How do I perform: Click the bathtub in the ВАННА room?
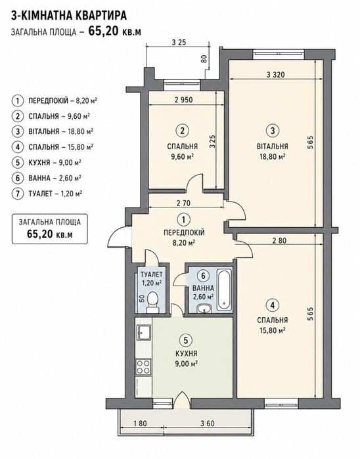click(x=225, y=289)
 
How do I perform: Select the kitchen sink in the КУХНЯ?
click(x=143, y=333)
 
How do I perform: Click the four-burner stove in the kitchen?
click(x=143, y=367)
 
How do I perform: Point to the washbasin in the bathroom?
click(x=204, y=309)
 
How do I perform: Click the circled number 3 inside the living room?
click(x=273, y=131)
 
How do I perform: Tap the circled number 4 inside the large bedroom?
click(x=273, y=305)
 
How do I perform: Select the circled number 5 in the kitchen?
click(x=186, y=340)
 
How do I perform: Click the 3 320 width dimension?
click(x=276, y=75)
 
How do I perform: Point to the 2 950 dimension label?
click(x=184, y=100)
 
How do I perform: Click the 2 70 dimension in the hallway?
click(x=183, y=202)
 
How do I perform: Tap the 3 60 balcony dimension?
click(x=208, y=424)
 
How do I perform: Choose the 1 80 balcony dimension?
click(x=140, y=424)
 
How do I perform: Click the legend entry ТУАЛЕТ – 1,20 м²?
click(x=55, y=194)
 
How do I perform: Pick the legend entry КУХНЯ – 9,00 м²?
click(x=55, y=162)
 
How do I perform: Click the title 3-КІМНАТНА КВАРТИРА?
click(x=69, y=15)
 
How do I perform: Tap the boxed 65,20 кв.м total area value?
click(x=50, y=234)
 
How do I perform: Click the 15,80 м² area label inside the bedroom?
click(x=273, y=330)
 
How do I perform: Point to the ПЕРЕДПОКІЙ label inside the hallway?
click(x=184, y=232)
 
